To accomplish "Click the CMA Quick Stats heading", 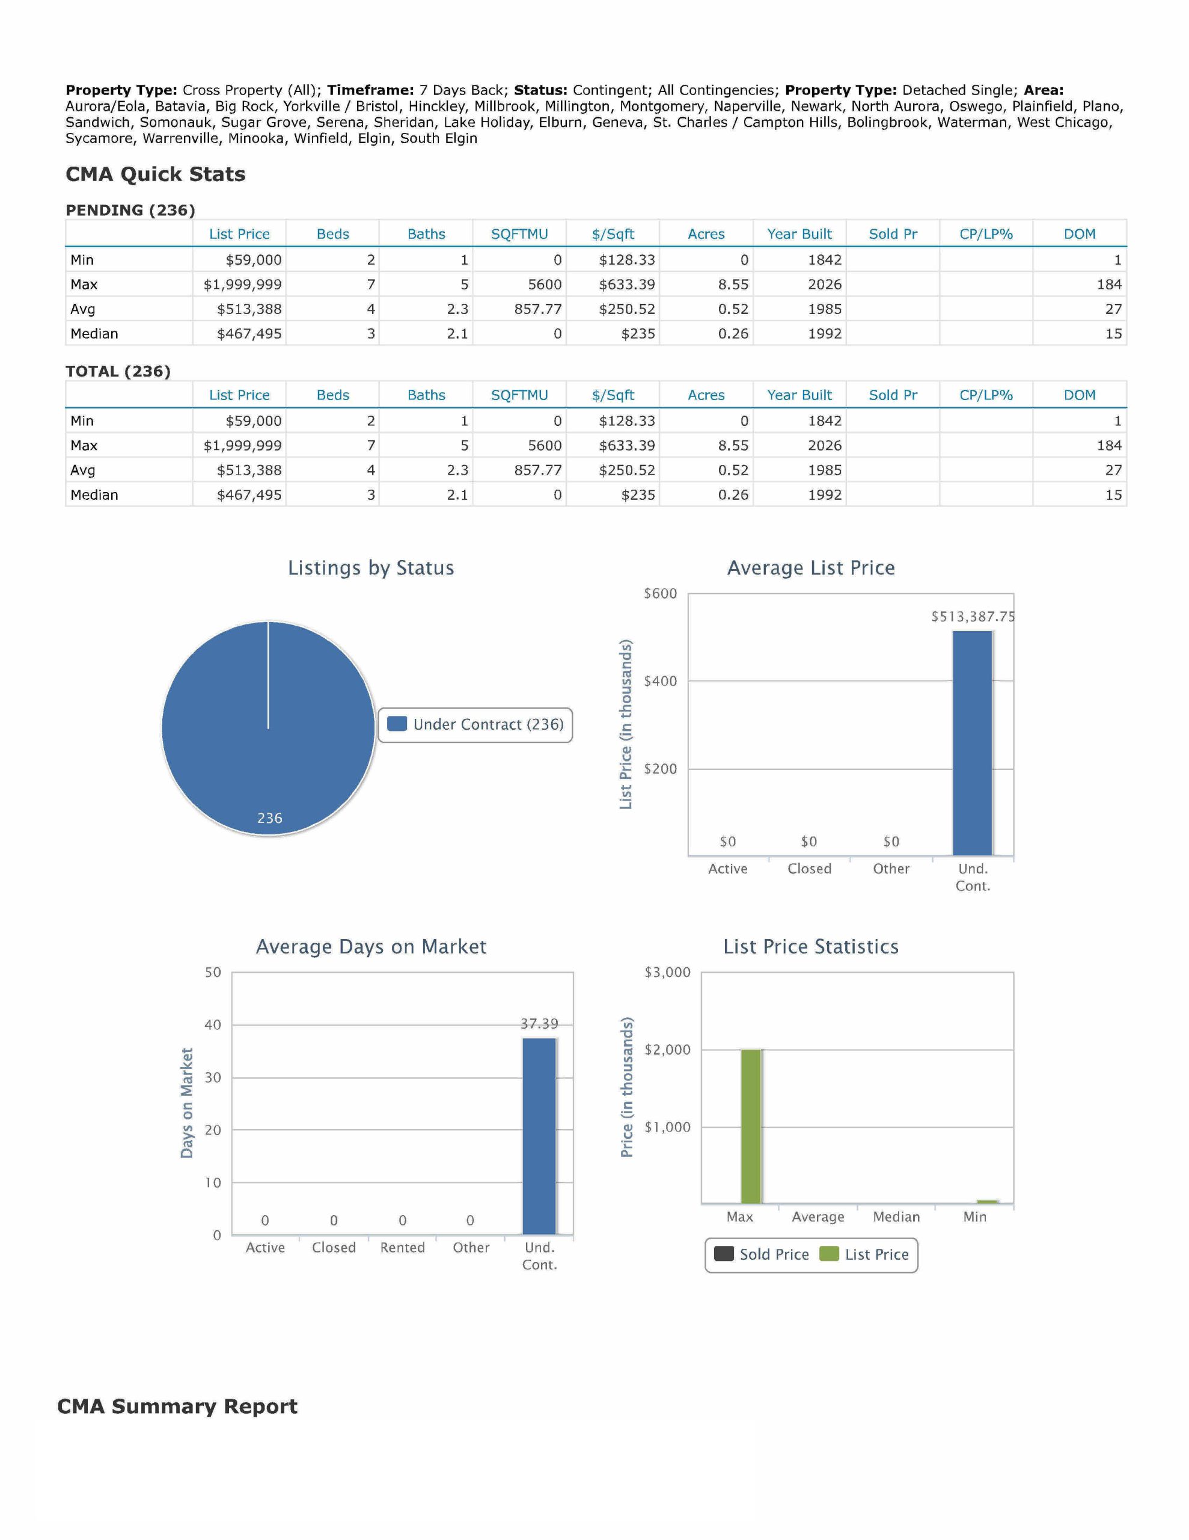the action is click(155, 174).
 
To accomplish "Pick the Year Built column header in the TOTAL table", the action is click(799, 395).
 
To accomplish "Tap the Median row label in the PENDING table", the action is click(94, 333).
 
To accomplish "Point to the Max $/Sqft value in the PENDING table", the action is click(626, 284).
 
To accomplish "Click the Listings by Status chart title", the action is click(371, 568).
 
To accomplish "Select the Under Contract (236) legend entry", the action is click(475, 724).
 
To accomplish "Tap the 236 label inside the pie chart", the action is click(269, 818).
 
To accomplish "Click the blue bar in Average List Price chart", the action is click(972, 742).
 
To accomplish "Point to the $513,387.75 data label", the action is click(973, 616).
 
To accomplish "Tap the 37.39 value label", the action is click(539, 1023).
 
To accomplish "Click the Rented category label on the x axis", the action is click(402, 1248).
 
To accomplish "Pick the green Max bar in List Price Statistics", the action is click(751, 1126).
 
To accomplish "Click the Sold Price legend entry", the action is click(761, 1254).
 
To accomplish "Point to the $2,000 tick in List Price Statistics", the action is click(667, 1049).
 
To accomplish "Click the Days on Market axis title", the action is click(187, 1103).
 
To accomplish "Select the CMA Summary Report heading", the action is click(177, 1406).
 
